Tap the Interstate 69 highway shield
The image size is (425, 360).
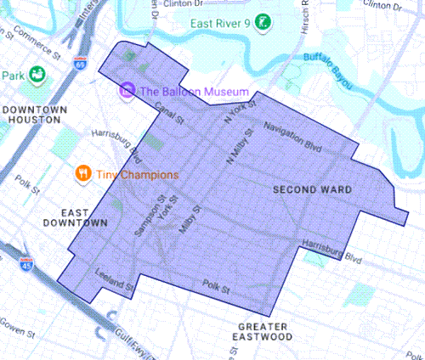80,62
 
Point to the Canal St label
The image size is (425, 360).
170,115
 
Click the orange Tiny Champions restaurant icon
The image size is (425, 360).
82,174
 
